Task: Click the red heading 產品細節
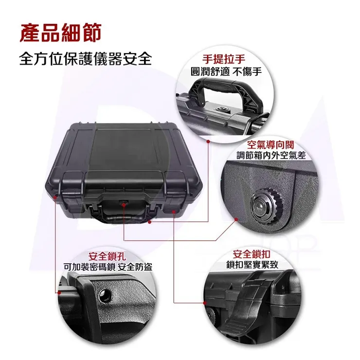point(61,33)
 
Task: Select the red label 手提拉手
point(224,59)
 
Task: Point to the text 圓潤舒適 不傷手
point(226,72)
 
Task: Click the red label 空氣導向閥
point(271,144)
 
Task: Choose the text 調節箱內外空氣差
point(271,156)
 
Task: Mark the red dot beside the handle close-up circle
point(208,142)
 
